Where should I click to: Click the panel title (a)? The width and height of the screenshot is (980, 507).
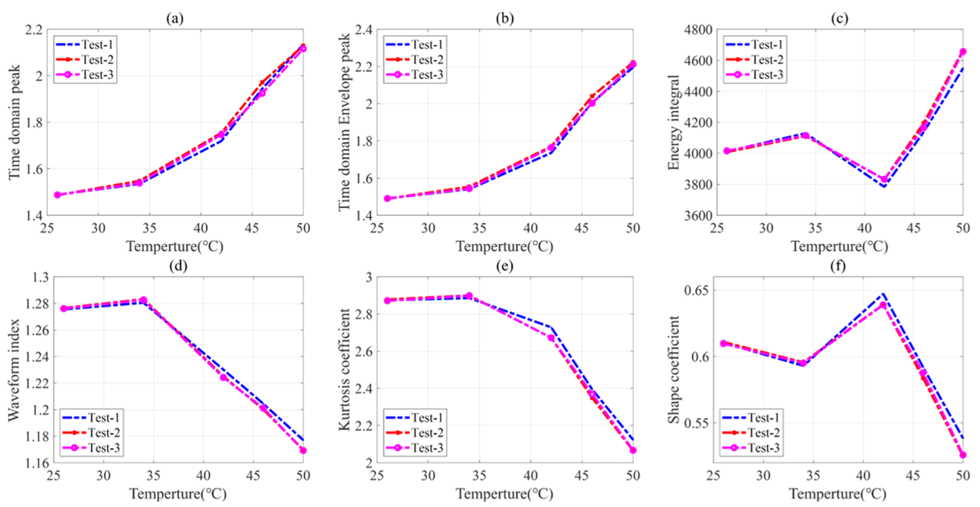click(x=175, y=18)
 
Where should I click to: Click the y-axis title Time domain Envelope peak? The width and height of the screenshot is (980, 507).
click(x=345, y=122)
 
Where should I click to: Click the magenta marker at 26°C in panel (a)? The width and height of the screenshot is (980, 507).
click(x=58, y=195)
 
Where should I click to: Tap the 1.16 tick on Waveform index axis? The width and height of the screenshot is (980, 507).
click(x=37, y=463)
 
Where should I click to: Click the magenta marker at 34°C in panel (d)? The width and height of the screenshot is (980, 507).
click(x=143, y=300)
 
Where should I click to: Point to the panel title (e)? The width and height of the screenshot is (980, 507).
click(x=504, y=266)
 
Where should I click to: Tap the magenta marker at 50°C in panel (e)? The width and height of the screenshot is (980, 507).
click(x=633, y=450)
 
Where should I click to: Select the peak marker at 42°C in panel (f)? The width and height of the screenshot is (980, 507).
click(x=883, y=305)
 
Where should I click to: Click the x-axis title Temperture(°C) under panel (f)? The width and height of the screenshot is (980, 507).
click(x=838, y=494)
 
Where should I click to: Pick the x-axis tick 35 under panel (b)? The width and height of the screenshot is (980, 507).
click(x=479, y=228)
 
